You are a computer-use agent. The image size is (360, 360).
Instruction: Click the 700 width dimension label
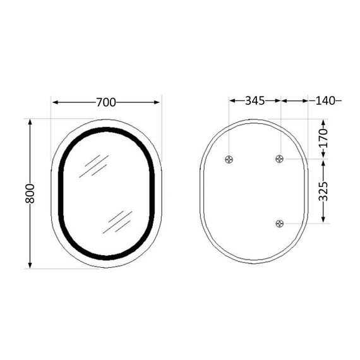[106, 101]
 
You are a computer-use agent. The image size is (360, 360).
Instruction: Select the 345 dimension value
[255, 100]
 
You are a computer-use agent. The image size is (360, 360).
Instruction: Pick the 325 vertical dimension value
[323, 191]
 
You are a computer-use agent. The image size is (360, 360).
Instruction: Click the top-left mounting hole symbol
[229, 159]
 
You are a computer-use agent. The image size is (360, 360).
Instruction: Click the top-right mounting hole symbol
[280, 159]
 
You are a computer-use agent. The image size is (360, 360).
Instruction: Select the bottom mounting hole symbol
[280, 223]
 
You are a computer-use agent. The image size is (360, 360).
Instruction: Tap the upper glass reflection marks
[97, 165]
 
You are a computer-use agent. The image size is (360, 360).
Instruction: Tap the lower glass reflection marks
[119, 221]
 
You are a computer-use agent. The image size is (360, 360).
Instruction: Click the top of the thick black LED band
[106, 130]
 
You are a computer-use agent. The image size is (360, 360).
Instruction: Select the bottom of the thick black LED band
[106, 257]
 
